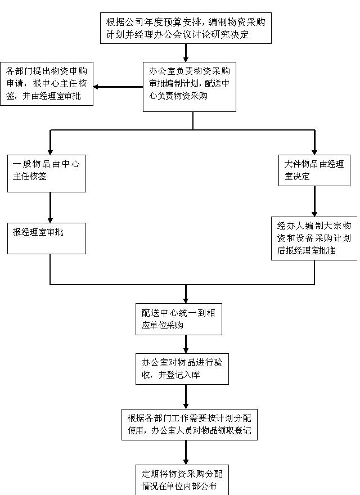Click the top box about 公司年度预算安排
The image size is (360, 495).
[186, 28]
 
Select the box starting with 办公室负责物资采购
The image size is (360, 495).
[189, 86]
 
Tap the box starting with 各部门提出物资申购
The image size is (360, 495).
[47, 83]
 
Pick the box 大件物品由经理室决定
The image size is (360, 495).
[314, 170]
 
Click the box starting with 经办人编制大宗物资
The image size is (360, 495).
[313, 238]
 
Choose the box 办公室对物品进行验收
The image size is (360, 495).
[182, 368]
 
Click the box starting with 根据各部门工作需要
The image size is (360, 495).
[189, 425]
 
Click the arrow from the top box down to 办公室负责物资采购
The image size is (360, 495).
[186, 52]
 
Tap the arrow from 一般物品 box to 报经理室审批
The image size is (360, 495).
[51, 208]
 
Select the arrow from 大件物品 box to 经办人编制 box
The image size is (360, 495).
[314, 201]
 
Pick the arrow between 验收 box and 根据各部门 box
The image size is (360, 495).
[186, 397]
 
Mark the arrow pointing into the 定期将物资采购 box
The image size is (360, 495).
[186, 452]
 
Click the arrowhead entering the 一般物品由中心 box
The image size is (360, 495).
[51, 150]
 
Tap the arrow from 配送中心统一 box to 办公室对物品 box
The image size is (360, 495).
[186, 344]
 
